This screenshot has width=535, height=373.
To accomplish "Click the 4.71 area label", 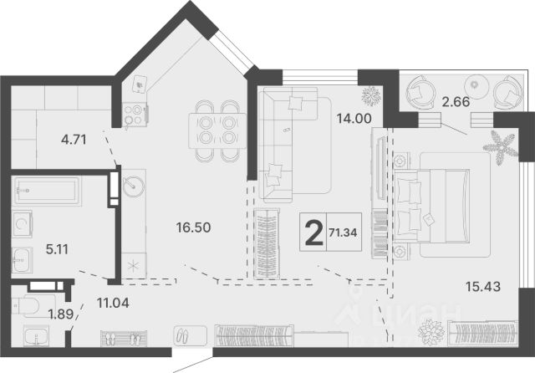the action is click(x=74, y=140).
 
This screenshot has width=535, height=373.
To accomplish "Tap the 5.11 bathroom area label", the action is click(x=57, y=249).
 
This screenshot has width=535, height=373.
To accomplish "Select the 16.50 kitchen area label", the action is click(x=193, y=227).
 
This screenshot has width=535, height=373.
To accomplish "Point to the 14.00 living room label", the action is click(x=354, y=119).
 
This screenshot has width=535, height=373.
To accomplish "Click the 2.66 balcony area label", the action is click(x=456, y=102).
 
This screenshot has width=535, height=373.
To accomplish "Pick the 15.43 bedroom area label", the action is click(x=483, y=287).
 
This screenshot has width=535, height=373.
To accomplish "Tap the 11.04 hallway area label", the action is click(x=113, y=303).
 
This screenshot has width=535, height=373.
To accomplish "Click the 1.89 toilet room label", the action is click(x=61, y=314).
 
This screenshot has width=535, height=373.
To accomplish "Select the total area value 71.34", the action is click(x=343, y=232).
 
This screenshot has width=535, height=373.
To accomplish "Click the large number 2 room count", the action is click(x=313, y=232).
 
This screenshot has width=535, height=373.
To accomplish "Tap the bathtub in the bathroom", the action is click(x=46, y=191).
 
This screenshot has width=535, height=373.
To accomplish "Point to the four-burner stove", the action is click(x=135, y=115).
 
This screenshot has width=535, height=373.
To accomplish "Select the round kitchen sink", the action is click(x=134, y=186).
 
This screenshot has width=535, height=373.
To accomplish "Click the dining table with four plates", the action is click(x=217, y=131).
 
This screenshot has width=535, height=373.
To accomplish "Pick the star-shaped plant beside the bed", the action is click(x=500, y=147).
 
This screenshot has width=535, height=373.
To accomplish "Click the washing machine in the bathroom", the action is click(x=23, y=224).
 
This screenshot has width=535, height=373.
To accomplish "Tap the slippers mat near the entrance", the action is click(x=124, y=339).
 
